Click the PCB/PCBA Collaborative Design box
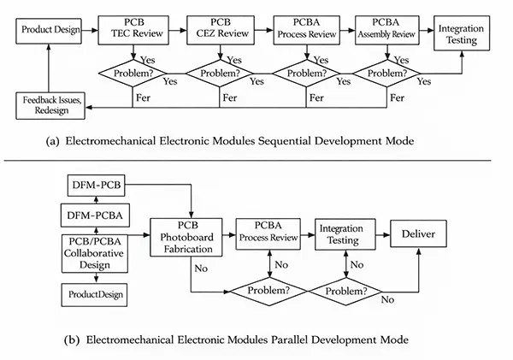pos(91,251)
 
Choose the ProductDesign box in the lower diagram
pos(91,294)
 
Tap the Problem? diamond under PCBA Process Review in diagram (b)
pos(269,291)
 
